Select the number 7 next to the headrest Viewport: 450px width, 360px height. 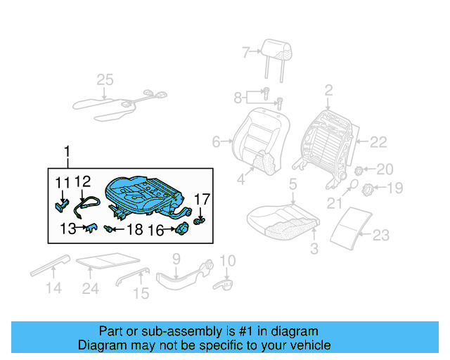245,52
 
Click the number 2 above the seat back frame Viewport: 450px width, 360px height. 328,90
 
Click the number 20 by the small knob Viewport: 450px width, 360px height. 385,169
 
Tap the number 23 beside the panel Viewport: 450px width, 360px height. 380,235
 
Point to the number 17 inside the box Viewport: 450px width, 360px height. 202,200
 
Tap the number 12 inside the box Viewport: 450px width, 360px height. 82,184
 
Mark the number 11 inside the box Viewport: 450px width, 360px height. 63,184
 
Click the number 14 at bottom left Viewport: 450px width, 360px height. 53,288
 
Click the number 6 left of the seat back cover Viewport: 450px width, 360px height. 216,143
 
